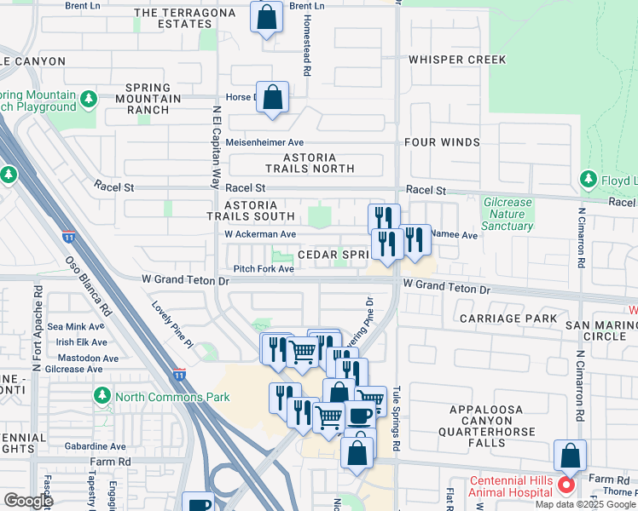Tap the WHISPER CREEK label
[457, 60]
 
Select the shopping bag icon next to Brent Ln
[267, 17]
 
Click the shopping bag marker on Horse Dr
[272, 98]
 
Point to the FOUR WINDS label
[443, 142]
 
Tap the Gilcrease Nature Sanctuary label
[507, 215]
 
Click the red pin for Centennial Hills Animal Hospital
[565, 486]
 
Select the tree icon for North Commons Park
[102, 396]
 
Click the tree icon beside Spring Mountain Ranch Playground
[89, 100]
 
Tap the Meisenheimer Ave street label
[264, 142]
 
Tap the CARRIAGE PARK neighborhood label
[507, 319]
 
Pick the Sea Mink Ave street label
[77, 326]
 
